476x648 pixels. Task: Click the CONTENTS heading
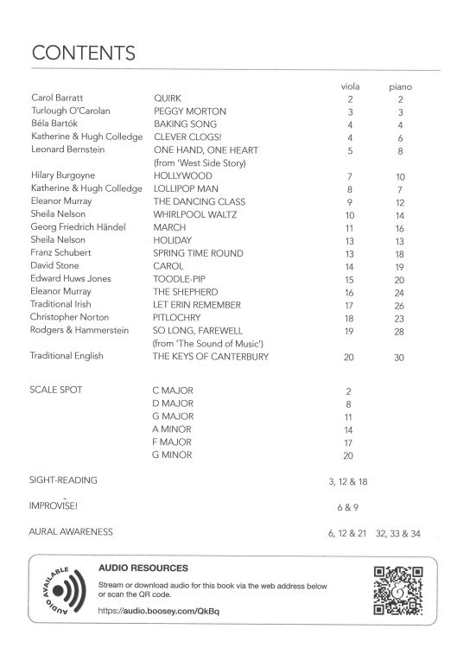pos(83,53)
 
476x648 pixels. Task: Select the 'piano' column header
pos(399,87)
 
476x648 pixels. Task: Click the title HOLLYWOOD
pos(183,175)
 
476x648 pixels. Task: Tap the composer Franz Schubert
pos(62,253)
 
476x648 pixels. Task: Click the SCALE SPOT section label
pos(56,391)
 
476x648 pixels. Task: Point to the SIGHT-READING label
pos(63,480)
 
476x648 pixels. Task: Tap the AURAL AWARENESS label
pos(71,531)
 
